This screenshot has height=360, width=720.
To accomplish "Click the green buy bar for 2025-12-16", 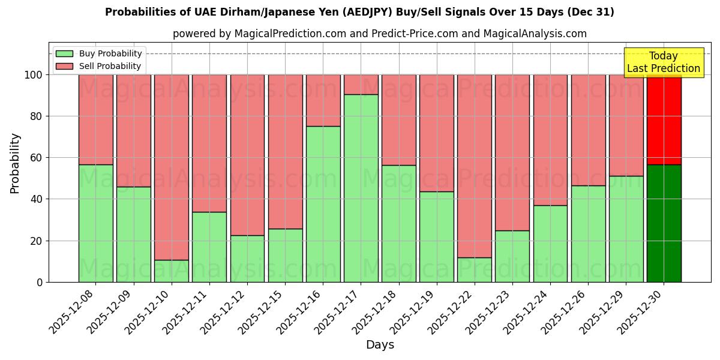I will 323,204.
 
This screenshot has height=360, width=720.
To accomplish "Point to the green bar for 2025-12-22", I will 474,269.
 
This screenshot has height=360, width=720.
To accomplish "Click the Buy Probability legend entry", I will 98,53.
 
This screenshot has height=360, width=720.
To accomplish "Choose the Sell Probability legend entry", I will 98,66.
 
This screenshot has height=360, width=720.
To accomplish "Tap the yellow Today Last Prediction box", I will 663,62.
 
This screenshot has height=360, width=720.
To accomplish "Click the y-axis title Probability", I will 15,163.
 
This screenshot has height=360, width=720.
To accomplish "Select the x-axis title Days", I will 380,345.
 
